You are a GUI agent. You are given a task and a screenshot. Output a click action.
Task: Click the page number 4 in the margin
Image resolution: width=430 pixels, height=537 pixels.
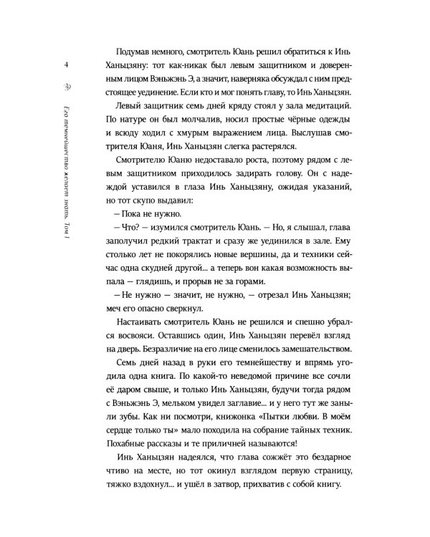pyautogui.click(x=66, y=65)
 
